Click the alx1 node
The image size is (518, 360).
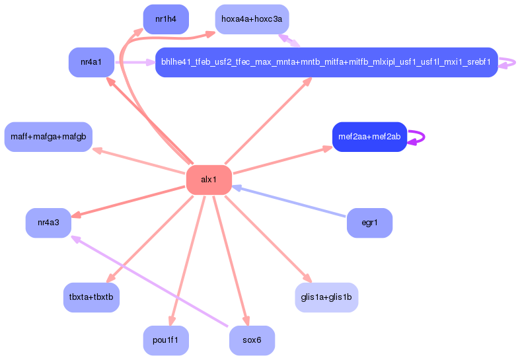pos(209,180)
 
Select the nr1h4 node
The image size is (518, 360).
pos(166,19)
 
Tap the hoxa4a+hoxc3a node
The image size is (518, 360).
pos(252,19)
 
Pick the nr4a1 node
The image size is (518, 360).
pos(91,62)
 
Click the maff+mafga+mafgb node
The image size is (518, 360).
pos(48,137)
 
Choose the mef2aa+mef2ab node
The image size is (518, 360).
pos(370,137)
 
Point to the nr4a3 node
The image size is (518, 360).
pos(49,223)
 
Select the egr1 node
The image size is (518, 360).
pos(370,223)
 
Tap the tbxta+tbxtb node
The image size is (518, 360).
pos(91,297)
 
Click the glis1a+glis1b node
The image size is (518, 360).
pos(326,297)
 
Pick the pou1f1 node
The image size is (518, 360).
pos(166,341)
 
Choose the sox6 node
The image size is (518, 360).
pos(252,341)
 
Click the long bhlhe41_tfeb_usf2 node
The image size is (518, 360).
pos(326,62)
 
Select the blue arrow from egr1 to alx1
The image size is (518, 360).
pos(289,201)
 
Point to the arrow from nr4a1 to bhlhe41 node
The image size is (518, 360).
pos(135,62)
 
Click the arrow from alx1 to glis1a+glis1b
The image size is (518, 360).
pos(268,239)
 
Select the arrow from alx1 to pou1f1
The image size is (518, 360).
pos(188,261)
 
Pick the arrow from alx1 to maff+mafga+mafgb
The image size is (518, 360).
pos(139,161)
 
